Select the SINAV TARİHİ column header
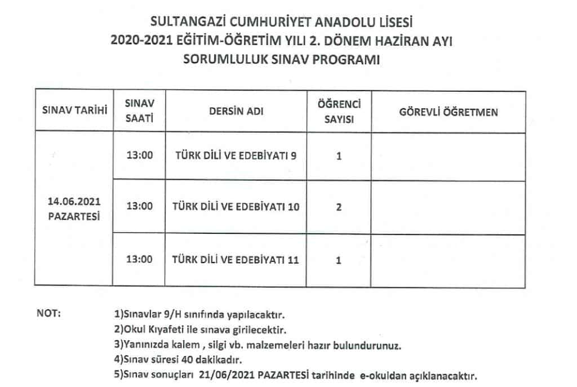[x=75, y=112]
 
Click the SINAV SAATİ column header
[x=139, y=112]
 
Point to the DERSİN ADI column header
[x=236, y=112]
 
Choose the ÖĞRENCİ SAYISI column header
[x=339, y=112]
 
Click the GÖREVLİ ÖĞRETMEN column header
[x=449, y=112]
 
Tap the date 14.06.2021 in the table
[x=74, y=201]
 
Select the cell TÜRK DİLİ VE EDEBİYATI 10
[x=236, y=207]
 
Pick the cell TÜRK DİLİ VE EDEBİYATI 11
[x=236, y=260]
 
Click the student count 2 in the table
[x=339, y=207]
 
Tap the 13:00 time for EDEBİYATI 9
[x=140, y=155]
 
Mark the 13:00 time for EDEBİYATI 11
[x=140, y=260]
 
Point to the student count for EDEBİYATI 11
[x=339, y=260]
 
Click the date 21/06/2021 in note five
[x=222, y=375]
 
